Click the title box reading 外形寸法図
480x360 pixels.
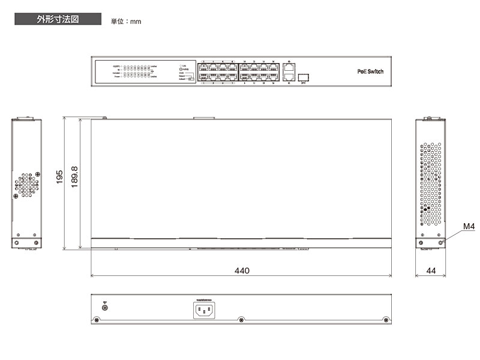[x=58, y=19]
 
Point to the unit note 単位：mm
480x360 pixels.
[x=126, y=22]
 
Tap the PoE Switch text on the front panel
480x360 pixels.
[x=370, y=71]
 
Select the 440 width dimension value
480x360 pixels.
[x=241, y=271]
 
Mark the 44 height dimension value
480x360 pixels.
[x=431, y=271]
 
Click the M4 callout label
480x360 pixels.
[x=469, y=227]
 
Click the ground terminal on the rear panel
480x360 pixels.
[x=106, y=308]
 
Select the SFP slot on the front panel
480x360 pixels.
[x=304, y=77]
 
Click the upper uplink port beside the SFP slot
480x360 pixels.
[x=289, y=68]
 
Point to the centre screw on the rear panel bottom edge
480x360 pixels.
[x=241, y=320]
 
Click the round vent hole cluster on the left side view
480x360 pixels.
[x=26, y=186]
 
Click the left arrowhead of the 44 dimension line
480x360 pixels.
[x=417, y=276]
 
